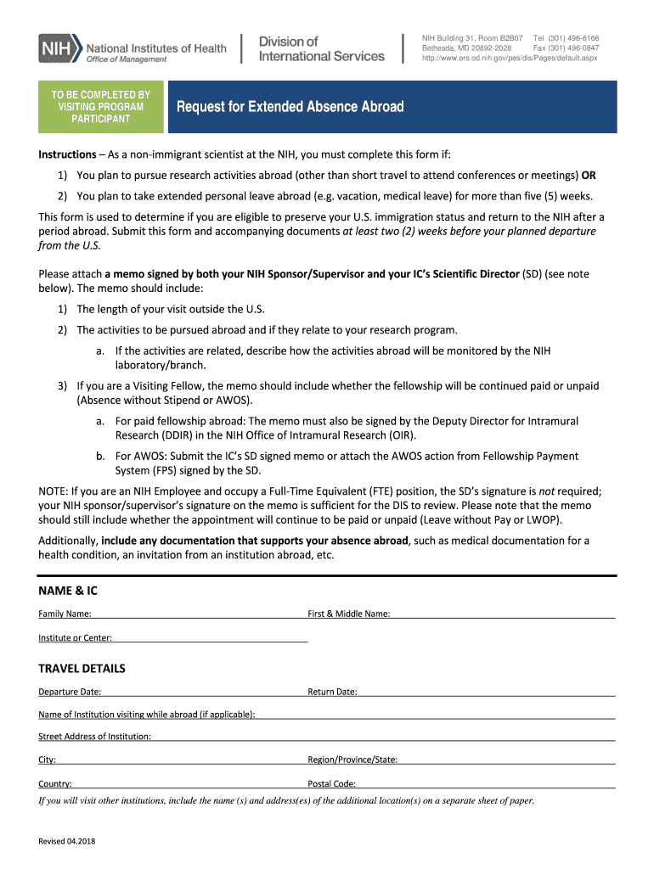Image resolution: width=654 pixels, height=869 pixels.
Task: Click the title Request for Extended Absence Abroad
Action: (290, 107)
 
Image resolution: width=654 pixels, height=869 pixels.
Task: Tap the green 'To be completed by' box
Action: (101, 107)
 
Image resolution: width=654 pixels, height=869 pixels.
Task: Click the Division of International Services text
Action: (321, 48)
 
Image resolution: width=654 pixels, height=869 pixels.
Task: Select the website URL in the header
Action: (510, 59)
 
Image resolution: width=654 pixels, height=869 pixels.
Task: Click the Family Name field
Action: (199, 613)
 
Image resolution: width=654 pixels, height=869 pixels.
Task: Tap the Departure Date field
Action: (204, 691)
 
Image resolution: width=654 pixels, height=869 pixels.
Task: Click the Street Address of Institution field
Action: (382, 736)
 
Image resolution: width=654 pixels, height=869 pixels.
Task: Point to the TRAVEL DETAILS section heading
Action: (82, 669)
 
